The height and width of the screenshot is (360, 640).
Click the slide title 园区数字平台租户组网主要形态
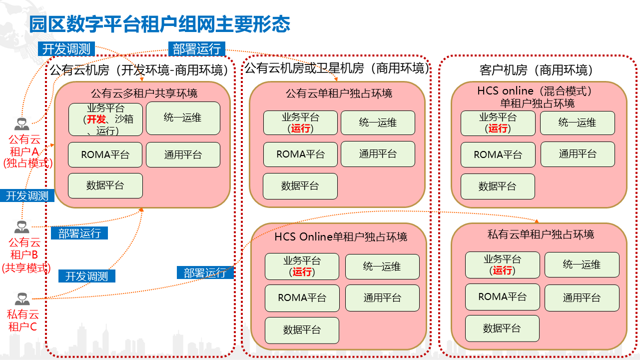point(159,24)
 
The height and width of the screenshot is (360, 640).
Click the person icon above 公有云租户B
point(21,227)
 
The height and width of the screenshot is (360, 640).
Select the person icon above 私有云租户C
point(21,299)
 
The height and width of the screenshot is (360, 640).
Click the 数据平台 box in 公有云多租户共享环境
point(105,185)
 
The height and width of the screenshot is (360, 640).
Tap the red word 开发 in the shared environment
point(96,119)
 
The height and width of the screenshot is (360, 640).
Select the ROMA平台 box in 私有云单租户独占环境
point(502,296)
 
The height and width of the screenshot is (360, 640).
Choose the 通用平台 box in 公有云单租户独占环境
point(378,154)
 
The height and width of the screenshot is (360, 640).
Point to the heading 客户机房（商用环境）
point(533,70)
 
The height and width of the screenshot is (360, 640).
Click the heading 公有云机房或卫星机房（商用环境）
point(336,68)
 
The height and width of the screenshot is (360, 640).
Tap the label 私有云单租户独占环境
point(541,234)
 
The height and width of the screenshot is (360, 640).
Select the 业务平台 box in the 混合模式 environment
point(498,122)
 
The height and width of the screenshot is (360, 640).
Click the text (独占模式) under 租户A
point(28,162)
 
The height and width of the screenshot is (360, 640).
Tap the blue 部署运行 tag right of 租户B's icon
point(79,233)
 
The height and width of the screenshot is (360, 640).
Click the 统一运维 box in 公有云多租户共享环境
point(183,118)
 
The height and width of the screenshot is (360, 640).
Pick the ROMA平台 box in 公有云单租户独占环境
point(300,154)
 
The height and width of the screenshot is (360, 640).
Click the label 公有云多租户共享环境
point(144,93)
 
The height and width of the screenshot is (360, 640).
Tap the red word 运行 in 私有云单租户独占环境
point(503,270)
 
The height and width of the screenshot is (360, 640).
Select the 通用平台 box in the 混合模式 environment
point(578,154)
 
